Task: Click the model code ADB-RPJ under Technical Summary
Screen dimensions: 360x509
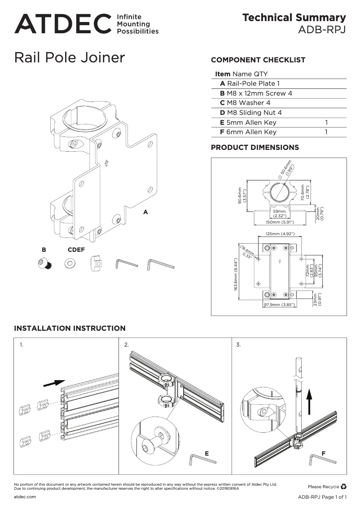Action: pyautogui.click(x=322, y=31)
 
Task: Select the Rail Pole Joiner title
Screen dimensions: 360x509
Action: pyautogui.click(x=70, y=58)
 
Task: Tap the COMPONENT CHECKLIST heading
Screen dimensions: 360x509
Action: pyautogui.click(x=258, y=60)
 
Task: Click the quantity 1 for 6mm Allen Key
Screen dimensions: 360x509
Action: pyautogui.click(x=326, y=132)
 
